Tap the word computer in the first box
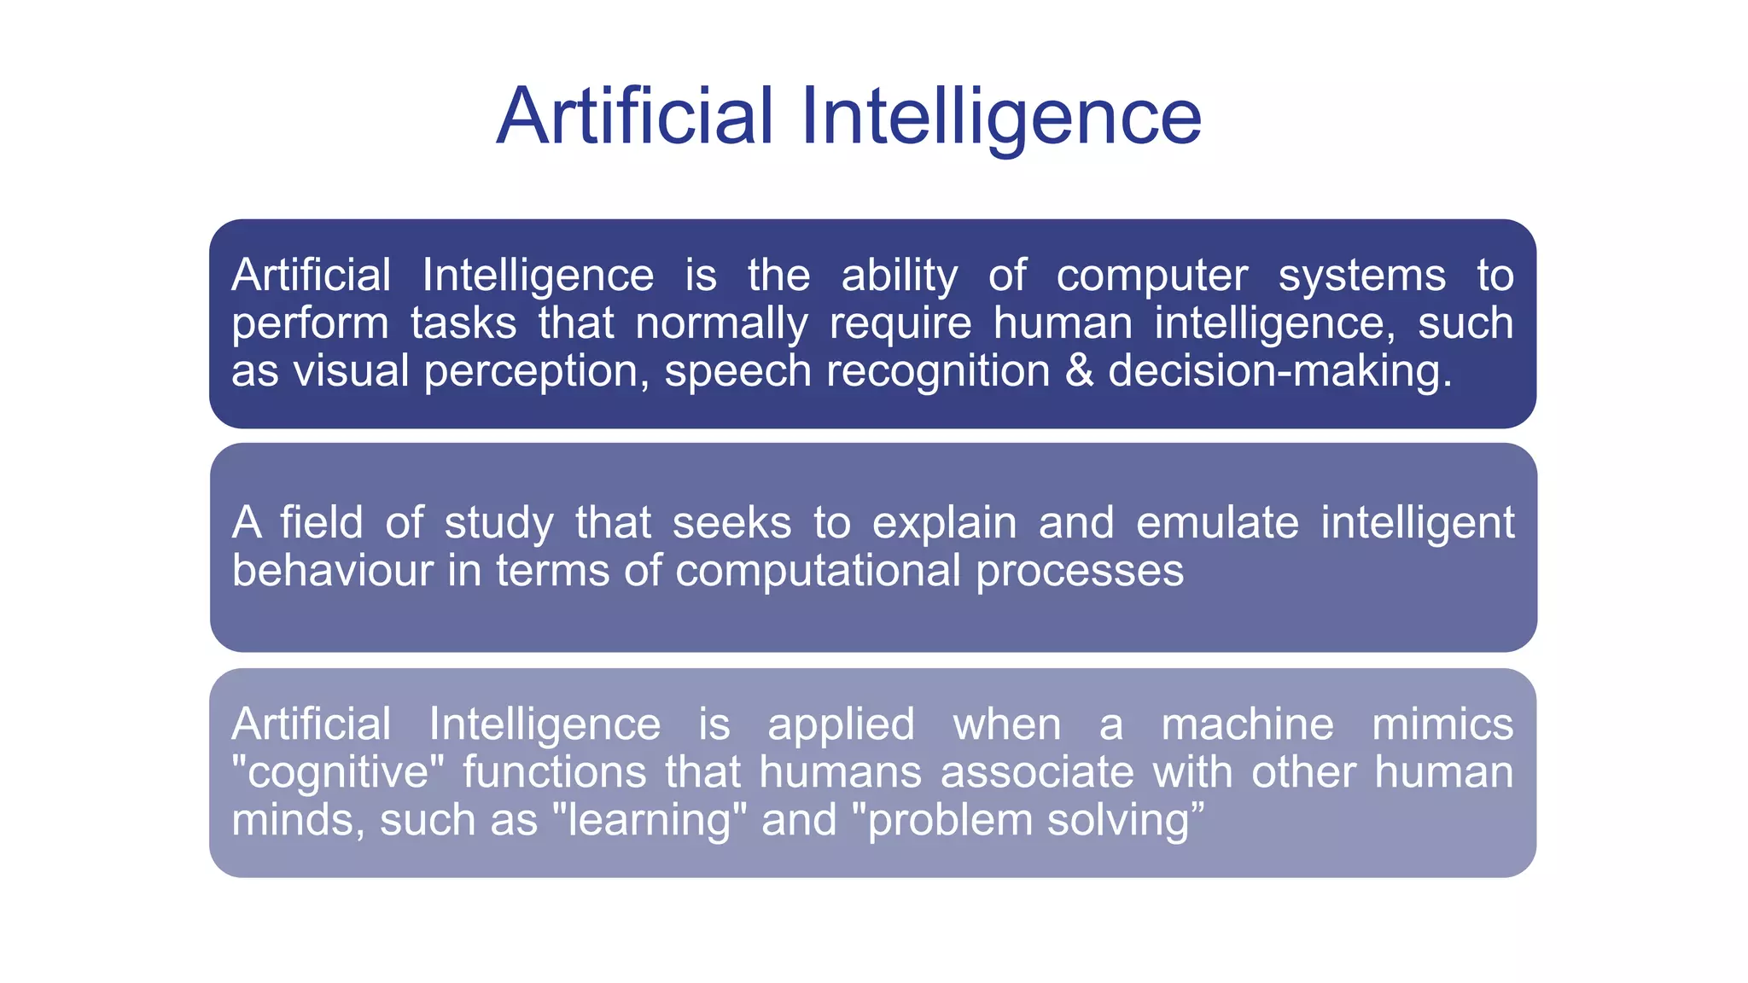click(x=1151, y=276)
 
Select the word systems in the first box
click(x=1361, y=276)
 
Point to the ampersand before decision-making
click(x=1079, y=371)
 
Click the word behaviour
click(x=332, y=570)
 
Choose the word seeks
click(x=731, y=522)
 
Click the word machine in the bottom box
click(x=1247, y=724)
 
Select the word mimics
click(x=1442, y=724)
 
